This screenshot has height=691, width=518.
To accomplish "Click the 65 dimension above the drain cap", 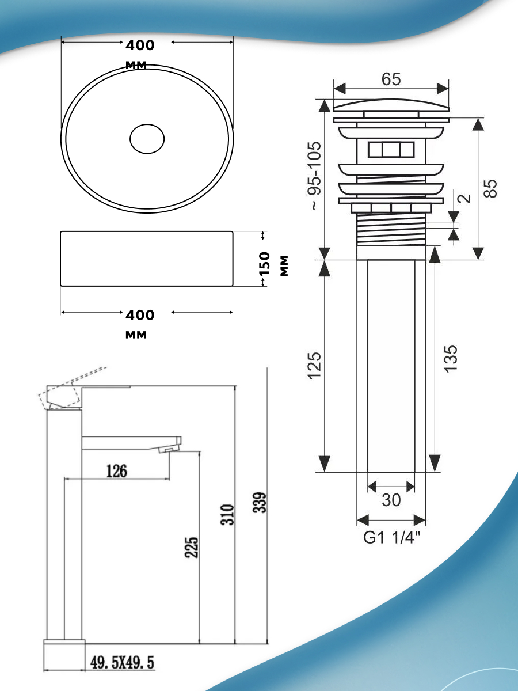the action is pyautogui.click(x=391, y=79).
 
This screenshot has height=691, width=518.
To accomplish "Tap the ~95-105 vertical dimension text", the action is pyautogui.click(x=315, y=176).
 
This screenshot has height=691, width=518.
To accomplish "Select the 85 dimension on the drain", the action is pyautogui.click(x=490, y=188).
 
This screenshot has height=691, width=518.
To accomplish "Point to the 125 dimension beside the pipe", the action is pyautogui.click(x=315, y=366).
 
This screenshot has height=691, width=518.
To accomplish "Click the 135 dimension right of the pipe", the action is pyautogui.click(x=451, y=359).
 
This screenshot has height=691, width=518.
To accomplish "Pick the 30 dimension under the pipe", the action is pyautogui.click(x=391, y=500).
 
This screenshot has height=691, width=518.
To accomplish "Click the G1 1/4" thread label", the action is pyautogui.click(x=392, y=537).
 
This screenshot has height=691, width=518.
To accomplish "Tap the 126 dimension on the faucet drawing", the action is pyautogui.click(x=117, y=471).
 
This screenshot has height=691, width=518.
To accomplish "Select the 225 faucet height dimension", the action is pyautogui.click(x=192, y=548).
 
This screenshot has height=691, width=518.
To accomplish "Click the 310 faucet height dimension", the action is pyautogui.click(x=227, y=515).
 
